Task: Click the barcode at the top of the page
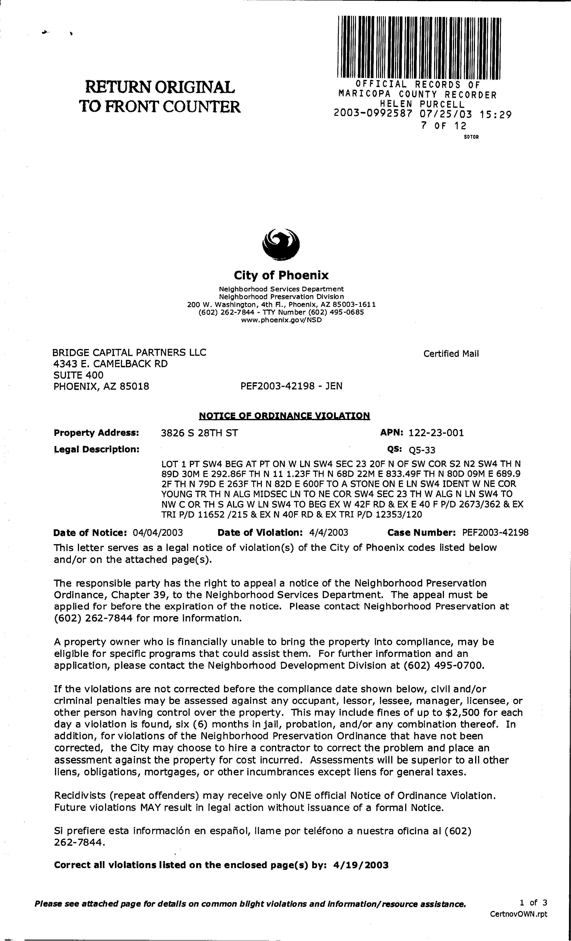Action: (x=419, y=47)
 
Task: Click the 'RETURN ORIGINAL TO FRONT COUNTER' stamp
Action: (x=160, y=97)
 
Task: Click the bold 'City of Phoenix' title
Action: (x=281, y=275)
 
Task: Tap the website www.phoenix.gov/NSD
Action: (x=281, y=320)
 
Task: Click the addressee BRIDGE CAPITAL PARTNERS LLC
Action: (x=130, y=352)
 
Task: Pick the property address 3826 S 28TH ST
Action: (x=199, y=433)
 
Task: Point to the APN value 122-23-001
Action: (x=436, y=433)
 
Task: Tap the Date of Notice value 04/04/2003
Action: (x=158, y=532)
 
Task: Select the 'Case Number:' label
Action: (x=422, y=532)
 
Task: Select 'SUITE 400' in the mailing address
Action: (x=78, y=375)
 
